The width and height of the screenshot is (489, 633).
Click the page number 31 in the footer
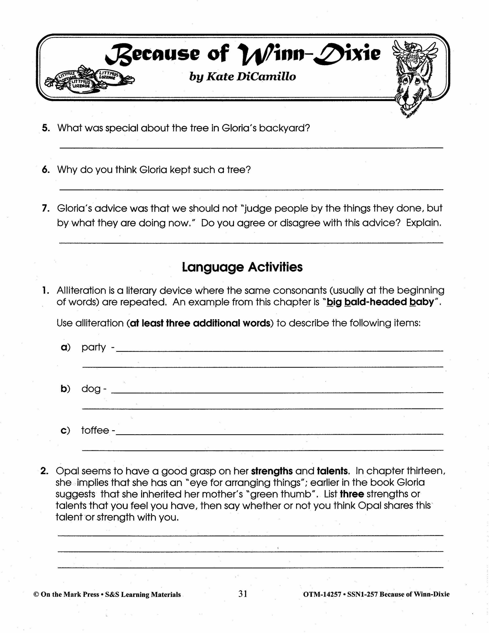click(243, 594)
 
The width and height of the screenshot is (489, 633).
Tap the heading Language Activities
click(242, 267)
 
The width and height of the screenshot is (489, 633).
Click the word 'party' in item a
click(94, 347)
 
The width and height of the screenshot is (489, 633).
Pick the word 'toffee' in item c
click(95, 430)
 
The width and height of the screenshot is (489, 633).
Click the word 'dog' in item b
click(91, 389)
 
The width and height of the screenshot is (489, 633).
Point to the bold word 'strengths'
click(272, 471)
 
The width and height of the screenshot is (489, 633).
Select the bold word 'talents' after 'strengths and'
click(332, 471)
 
